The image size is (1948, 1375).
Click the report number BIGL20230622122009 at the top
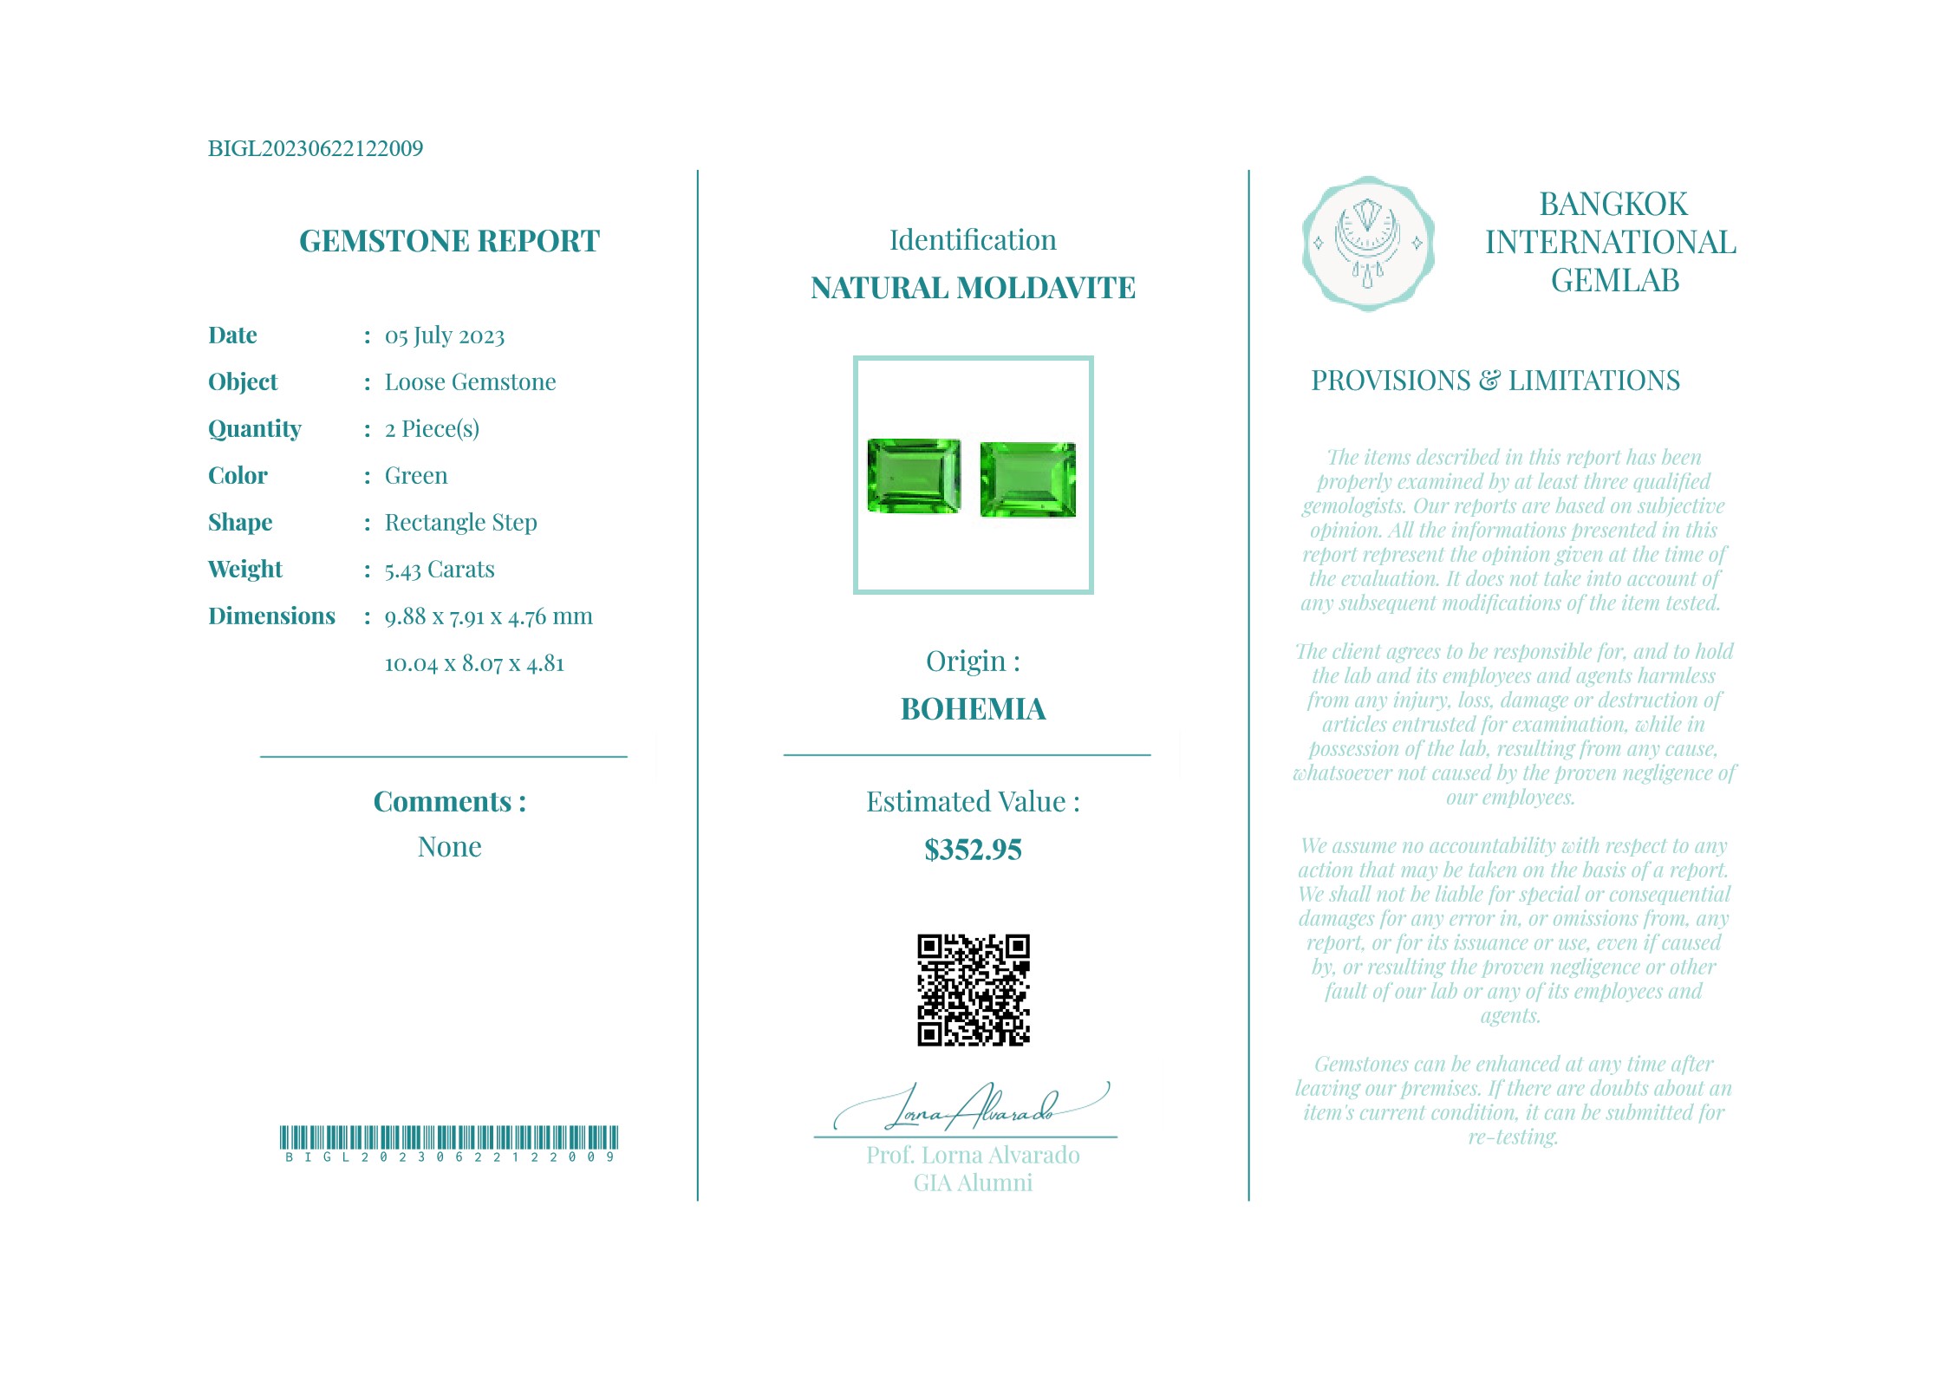pyautogui.click(x=316, y=148)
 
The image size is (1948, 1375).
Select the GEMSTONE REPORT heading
pyautogui.click(x=449, y=241)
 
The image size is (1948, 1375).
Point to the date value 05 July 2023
pyautogui.click(x=444, y=336)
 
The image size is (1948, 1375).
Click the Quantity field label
pyautogui.click(x=254, y=428)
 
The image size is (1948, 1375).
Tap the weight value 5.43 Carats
pyautogui.click(x=439, y=570)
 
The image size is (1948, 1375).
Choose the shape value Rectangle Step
pyautogui.click(x=460, y=522)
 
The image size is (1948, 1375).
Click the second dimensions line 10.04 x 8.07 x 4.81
pyautogui.click(x=474, y=663)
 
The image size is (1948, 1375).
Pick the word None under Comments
pyautogui.click(x=449, y=846)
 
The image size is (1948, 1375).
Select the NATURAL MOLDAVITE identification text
pyautogui.click(x=973, y=288)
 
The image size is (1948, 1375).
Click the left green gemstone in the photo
pyautogui.click(x=914, y=475)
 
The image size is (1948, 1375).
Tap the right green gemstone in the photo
pyautogui.click(x=1028, y=479)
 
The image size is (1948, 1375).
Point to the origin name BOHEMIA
pyautogui.click(x=973, y=709)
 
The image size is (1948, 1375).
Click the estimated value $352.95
pyautogui.click(x=973, y=850)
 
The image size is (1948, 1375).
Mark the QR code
pyautogui.click(x=974, y=989)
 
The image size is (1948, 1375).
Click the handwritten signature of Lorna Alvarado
pyautogui.click(x=971, y=1109)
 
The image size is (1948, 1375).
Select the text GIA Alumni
pyautogui.click(x=973, y=1183)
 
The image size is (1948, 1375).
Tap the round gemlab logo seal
pyautogui.click(x=1367, y=244)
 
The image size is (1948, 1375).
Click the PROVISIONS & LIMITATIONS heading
pyautogui.click(x=1495, y=381)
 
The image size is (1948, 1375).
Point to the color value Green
pyautogui.click(x=416, y=475)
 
